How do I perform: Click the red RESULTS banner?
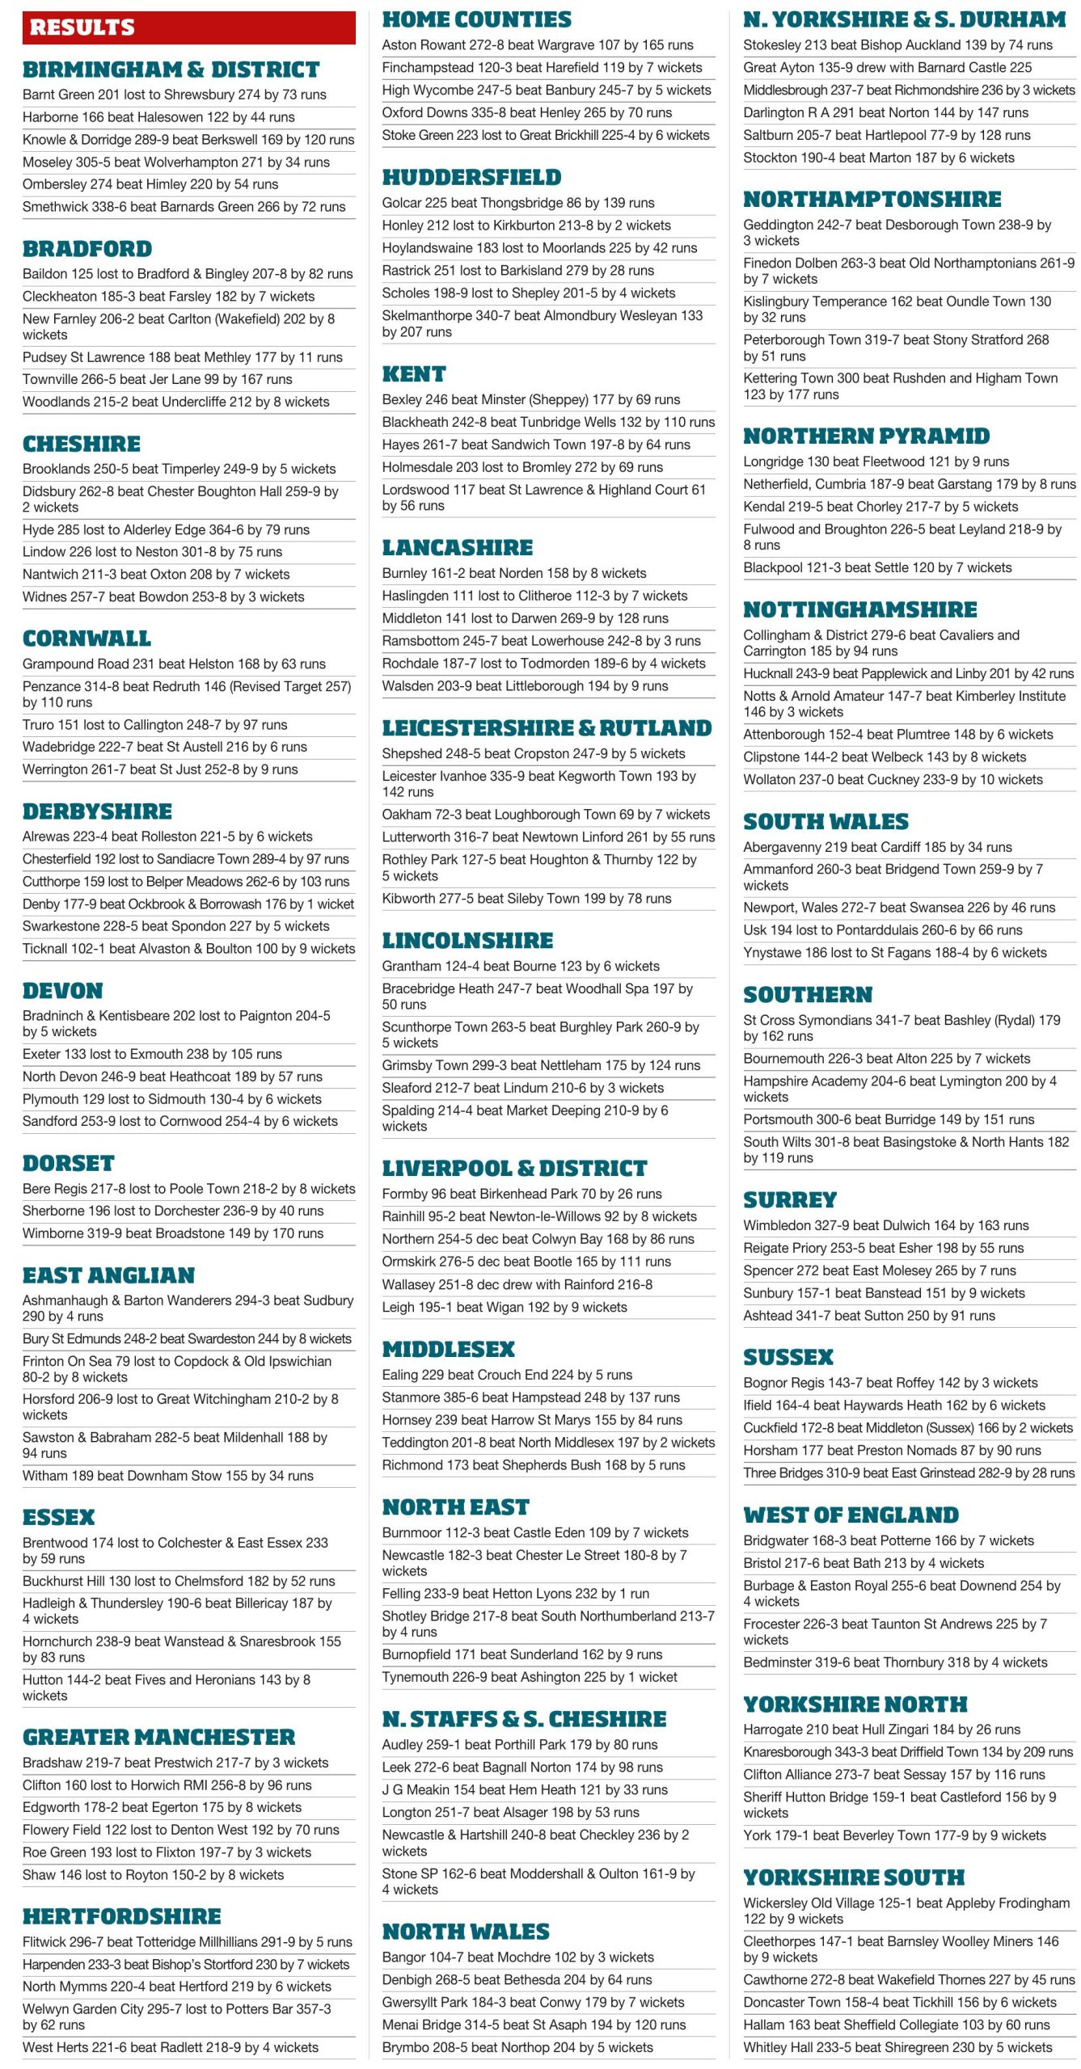click(188, 27)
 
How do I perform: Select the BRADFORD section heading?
click(87, 249)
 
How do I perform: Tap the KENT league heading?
click(414, 374)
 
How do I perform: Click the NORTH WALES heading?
click(466, 1932)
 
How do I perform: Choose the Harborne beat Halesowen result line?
click(158, 117)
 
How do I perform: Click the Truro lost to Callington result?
click(155, 725)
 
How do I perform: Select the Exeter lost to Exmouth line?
click(152, 1054)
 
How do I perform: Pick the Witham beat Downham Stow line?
click(168, 1476)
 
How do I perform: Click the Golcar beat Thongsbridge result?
click(518, 203)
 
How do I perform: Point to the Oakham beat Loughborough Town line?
click(546, 815)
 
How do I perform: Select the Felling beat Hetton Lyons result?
click(516, 1594)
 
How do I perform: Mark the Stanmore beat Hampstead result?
click(531, 1397)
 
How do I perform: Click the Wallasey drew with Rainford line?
click(517, 1284)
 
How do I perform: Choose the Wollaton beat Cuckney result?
click(893, 780)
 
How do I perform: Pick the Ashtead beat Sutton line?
click(869, 1316)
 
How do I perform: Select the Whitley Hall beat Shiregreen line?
click(897, 2047)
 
